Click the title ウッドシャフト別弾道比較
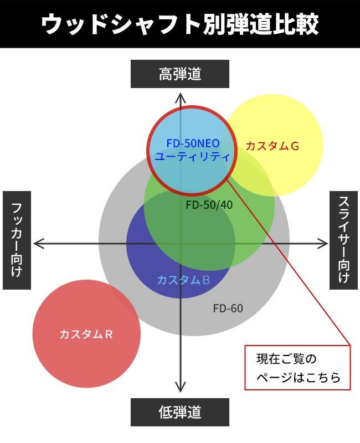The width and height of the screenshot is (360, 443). point(180,24)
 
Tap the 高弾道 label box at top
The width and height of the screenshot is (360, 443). point(180,74)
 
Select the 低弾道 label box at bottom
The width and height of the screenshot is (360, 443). point(180,412)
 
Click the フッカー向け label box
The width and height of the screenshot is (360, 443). point(17,240)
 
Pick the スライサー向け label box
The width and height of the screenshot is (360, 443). point(343,240)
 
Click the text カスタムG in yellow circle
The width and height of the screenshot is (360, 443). point(272,146)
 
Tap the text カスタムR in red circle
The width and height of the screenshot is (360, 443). point(86,334)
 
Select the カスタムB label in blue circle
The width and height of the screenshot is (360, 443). point(183,280)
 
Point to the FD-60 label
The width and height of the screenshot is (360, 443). point(228,308)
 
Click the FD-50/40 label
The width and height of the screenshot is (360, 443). point(209,205)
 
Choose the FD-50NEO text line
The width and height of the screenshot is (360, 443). point(193,144)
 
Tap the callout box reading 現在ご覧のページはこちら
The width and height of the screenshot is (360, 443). point(297,368)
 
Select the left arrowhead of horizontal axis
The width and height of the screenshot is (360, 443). point(37,243)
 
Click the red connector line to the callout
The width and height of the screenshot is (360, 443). point(288,260)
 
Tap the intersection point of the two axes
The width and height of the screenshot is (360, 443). point(180,243)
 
